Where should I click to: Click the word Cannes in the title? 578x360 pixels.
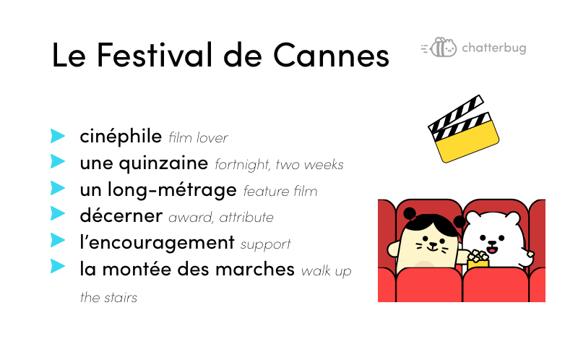(x=331, y=55)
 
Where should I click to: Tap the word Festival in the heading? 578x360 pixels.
(x=155, y=55)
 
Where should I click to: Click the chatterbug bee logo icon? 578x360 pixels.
(x=439, y=47)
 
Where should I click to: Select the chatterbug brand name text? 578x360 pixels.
(x=494, y=48)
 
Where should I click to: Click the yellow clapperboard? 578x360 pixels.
(x=464, y=129)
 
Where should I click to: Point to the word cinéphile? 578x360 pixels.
(x=121, y=136)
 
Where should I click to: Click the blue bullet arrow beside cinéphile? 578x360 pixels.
(x=58, y=136)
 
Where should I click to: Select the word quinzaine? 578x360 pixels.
(x=163, y=163)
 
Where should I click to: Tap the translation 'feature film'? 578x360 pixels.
(x=280, y=191)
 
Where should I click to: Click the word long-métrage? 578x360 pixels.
(x=172, y=190)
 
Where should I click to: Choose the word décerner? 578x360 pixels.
(x=121, y=215)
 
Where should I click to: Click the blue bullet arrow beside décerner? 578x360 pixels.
(x=58, y=213)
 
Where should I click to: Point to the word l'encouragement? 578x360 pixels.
(x=157, y=243)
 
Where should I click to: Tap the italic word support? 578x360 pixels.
(x=265, y=244)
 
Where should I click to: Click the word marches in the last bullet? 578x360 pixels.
(x=255, y=269)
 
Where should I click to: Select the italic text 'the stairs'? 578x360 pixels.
(x=108, y=297)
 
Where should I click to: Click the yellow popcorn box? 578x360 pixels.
(x=478, y=261)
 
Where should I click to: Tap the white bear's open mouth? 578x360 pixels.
(x=492, y=250)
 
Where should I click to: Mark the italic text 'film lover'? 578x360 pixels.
(x=198, y=138)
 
